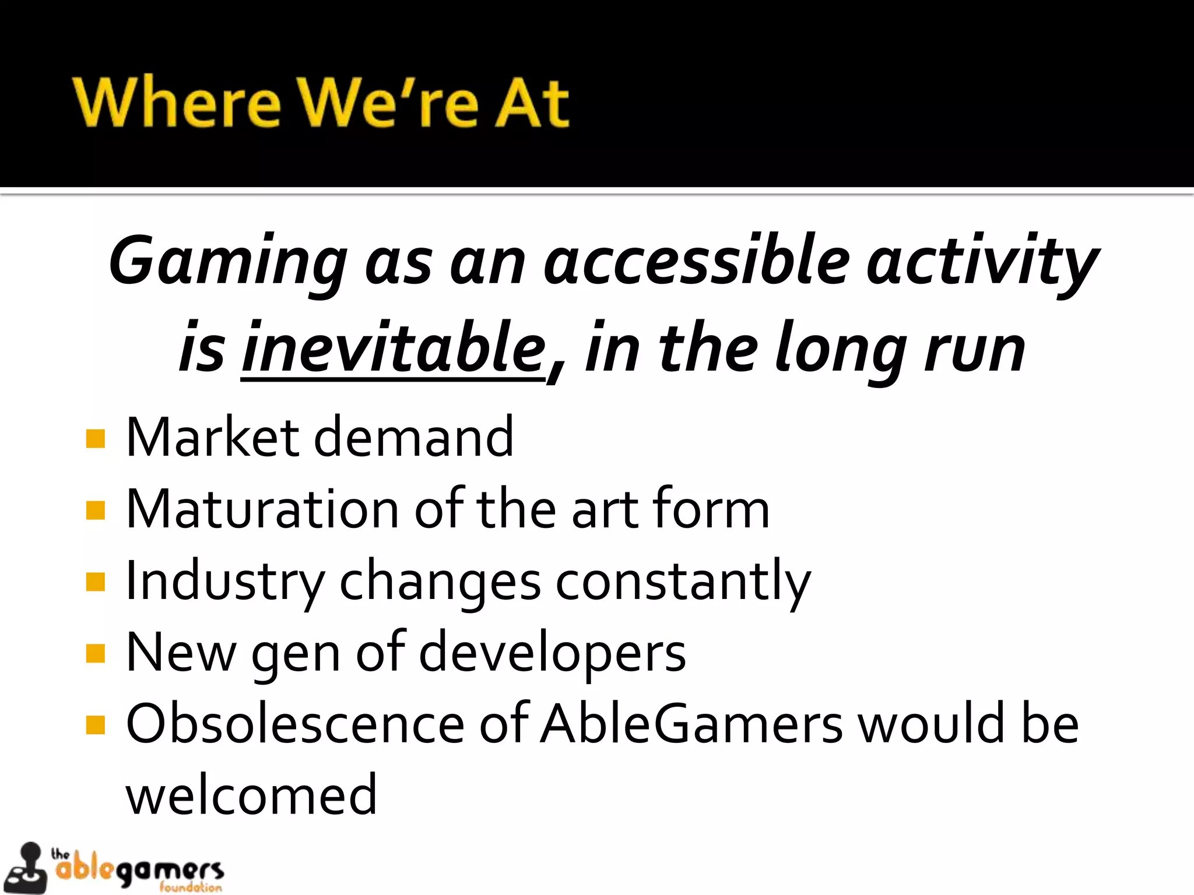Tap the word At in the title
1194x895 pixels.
531,103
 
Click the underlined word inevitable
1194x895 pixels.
394,348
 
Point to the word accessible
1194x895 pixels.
697,260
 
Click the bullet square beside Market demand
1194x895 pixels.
95,438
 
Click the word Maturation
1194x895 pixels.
262,509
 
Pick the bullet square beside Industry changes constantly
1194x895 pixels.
95,582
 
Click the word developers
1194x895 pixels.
552,653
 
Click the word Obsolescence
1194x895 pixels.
295,724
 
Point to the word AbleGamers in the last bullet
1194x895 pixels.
691,724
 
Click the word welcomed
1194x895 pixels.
251,795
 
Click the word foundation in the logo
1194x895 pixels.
191,887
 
